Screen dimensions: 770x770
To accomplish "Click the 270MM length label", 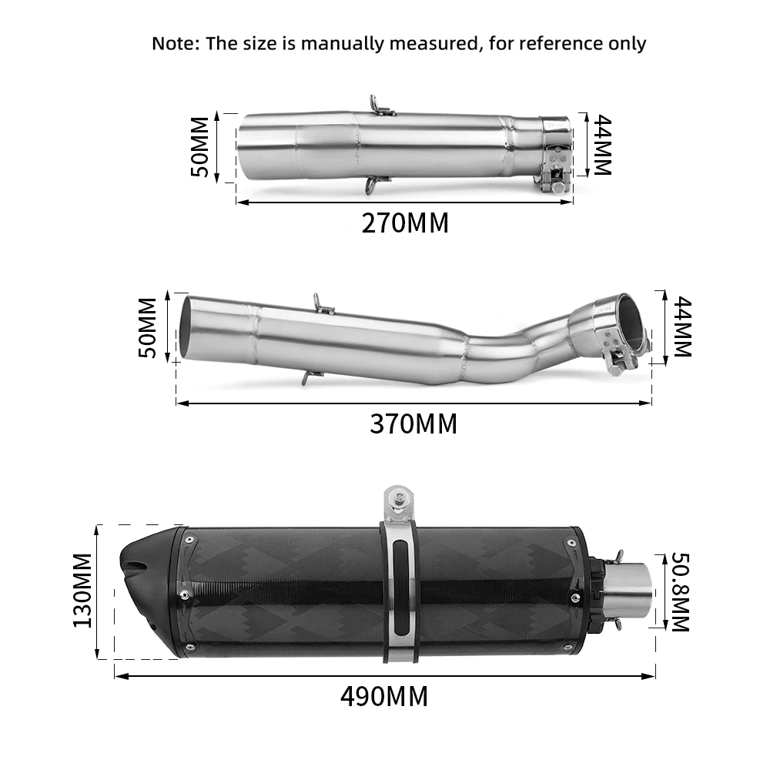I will (405, 223).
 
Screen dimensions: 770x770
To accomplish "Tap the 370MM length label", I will (413, 423).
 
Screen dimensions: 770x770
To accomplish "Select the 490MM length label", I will (384, 697).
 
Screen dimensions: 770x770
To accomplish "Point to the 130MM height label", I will (83, 590).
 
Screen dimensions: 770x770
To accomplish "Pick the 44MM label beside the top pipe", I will (601, 146).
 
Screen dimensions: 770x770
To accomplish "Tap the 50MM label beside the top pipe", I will (199, 146).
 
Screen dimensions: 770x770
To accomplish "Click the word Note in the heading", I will (175, 43).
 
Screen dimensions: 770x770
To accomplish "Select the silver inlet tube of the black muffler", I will (632, 591).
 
